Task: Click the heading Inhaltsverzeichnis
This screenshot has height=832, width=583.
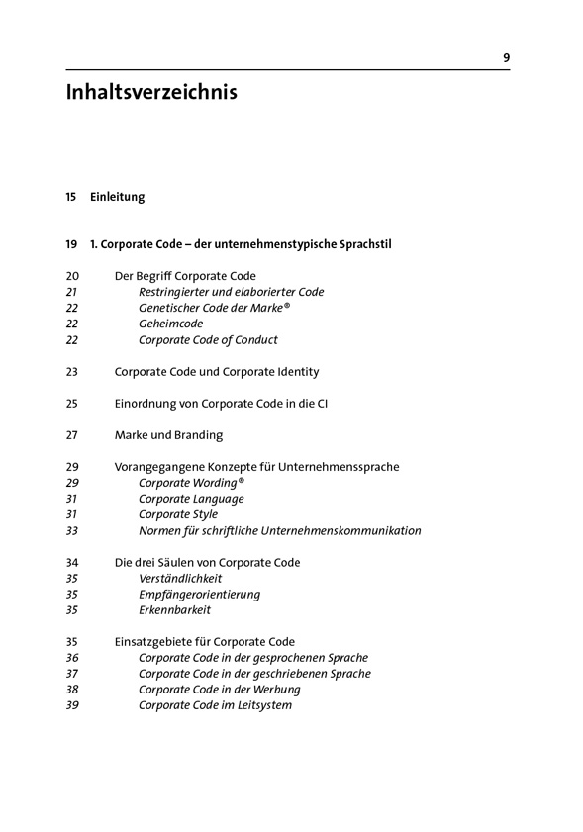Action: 151,94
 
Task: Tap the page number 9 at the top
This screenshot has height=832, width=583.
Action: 506,58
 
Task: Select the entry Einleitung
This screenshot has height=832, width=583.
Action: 117,197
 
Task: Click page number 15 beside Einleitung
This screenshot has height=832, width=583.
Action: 71,197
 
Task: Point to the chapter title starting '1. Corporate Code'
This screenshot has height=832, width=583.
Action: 240,244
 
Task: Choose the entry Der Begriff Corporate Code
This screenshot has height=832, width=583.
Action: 185,276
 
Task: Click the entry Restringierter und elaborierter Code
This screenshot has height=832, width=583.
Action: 231,292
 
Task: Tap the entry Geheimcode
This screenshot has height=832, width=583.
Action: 170,324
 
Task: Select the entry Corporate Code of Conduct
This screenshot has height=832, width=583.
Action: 208,339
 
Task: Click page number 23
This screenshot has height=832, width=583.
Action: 71,372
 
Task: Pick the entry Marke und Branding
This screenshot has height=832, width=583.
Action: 168,435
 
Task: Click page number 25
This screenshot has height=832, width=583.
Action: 71,404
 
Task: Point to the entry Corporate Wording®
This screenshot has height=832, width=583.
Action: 191,483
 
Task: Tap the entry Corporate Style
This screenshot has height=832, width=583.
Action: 179,514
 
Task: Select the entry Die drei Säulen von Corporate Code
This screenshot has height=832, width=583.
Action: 207,563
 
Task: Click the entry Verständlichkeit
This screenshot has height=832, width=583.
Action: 180,579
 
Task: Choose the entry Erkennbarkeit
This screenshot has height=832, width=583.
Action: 174,610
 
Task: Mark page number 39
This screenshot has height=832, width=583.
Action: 71,705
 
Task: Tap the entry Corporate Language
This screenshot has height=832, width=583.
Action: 191,499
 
